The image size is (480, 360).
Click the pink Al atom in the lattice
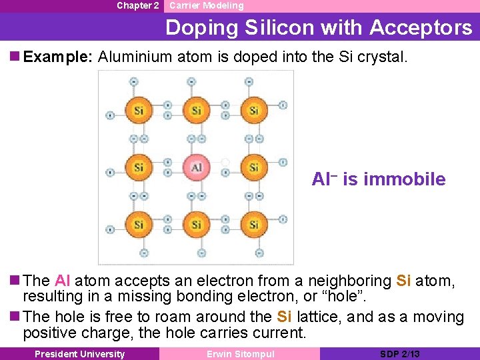point(196,167)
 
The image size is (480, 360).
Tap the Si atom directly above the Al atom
point(196,110)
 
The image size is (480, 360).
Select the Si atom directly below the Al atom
point(196,225)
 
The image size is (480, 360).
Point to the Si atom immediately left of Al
point(139,167)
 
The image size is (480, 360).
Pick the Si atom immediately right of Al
point(253,167)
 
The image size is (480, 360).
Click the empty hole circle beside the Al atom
point(225,162)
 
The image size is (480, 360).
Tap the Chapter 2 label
point(137,5)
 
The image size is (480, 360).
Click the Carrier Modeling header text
point(207,5)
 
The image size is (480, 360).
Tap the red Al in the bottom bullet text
point(63,281)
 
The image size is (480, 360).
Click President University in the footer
point(79,354)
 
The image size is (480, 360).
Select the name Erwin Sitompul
point(240,354)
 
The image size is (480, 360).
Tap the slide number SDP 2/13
point(399,354)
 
